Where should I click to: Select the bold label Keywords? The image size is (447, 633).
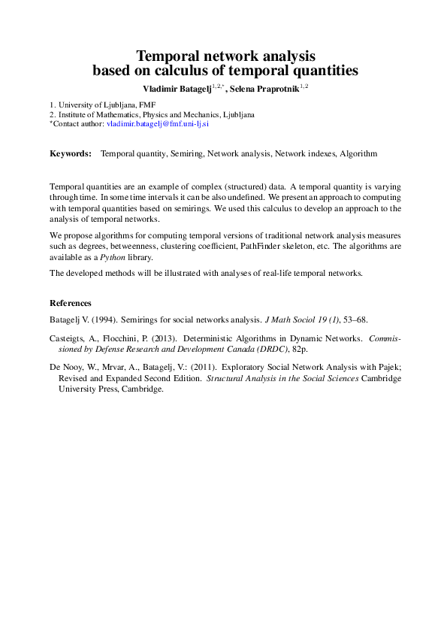click(71, 153)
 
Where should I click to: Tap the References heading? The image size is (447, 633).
click(71, 303)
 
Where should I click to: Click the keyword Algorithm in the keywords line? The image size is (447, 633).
click(358, 153)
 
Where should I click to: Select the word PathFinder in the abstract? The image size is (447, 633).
click(264, 245)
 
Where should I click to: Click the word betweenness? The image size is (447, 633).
click(153, 245)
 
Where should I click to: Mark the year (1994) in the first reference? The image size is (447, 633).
click(103, 320)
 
